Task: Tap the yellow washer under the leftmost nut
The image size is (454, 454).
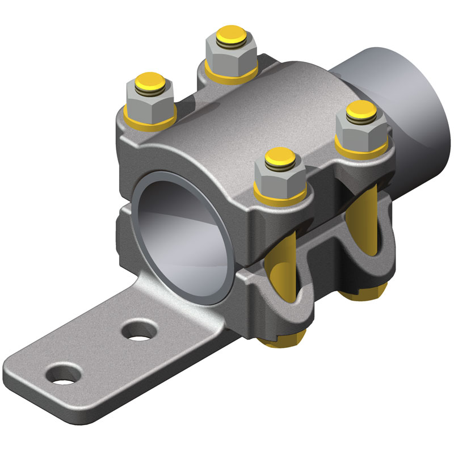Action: click(149, 119)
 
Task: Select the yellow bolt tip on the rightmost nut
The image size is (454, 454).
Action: click(360, 109)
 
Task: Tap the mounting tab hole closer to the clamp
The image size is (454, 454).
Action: click(138, 330)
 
